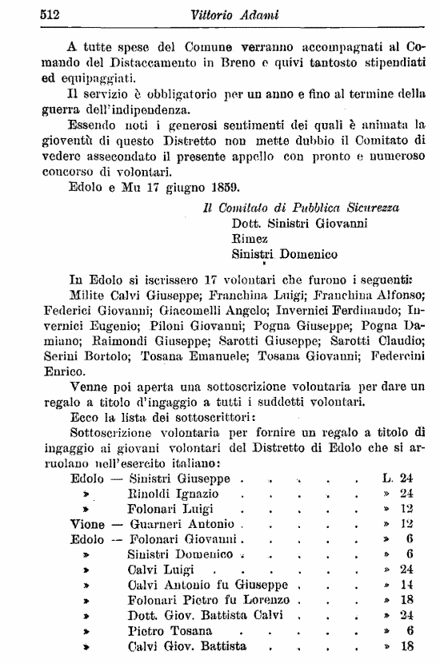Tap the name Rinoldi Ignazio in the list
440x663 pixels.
point(174,494)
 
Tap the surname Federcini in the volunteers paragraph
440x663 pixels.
point(389,357)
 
